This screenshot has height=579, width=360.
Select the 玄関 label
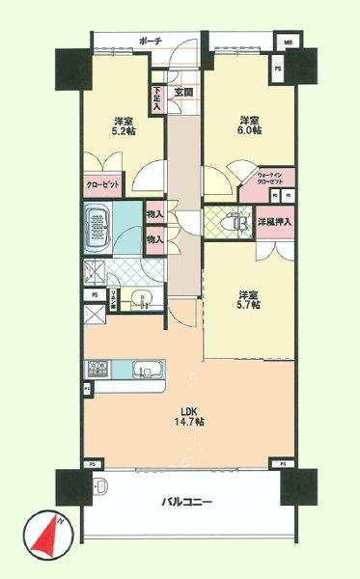183,93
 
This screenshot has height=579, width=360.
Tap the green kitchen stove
97,370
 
